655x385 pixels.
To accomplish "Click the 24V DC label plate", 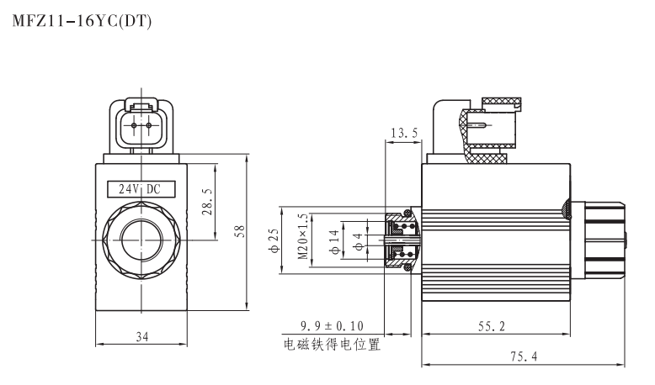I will point(141,189).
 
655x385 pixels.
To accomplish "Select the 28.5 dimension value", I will point(208,203).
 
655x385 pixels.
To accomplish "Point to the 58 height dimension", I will point(239,231).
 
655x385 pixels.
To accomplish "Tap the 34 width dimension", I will point(141,337).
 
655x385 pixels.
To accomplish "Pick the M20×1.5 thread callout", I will point(304,237).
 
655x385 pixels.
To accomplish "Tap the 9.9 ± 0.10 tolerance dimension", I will point(330,325).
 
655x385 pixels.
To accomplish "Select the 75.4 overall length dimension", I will point(522,357).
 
